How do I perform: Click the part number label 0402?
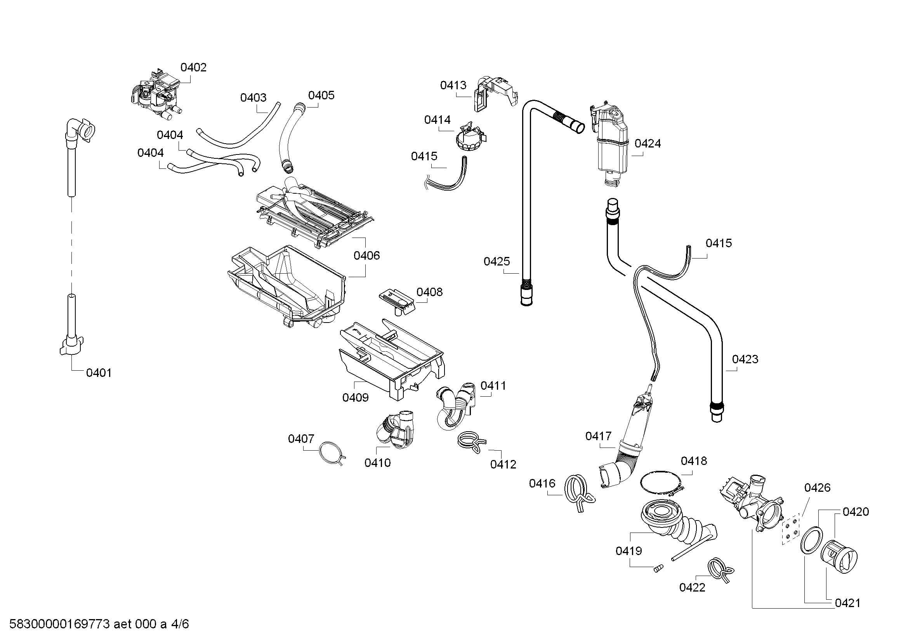[193, 68]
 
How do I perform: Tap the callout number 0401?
[99, 373]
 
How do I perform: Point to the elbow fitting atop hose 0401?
[81, 129]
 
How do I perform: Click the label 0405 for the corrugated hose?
[321, 95]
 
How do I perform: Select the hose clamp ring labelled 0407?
[332, 453]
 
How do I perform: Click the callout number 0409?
[355, 397]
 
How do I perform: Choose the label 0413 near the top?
[453, 85]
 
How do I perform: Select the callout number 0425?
[497, 261]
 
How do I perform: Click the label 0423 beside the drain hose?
[745, 359]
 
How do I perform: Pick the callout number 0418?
[694, 461]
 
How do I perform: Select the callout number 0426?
[817, 488]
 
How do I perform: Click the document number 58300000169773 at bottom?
[59, 624]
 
